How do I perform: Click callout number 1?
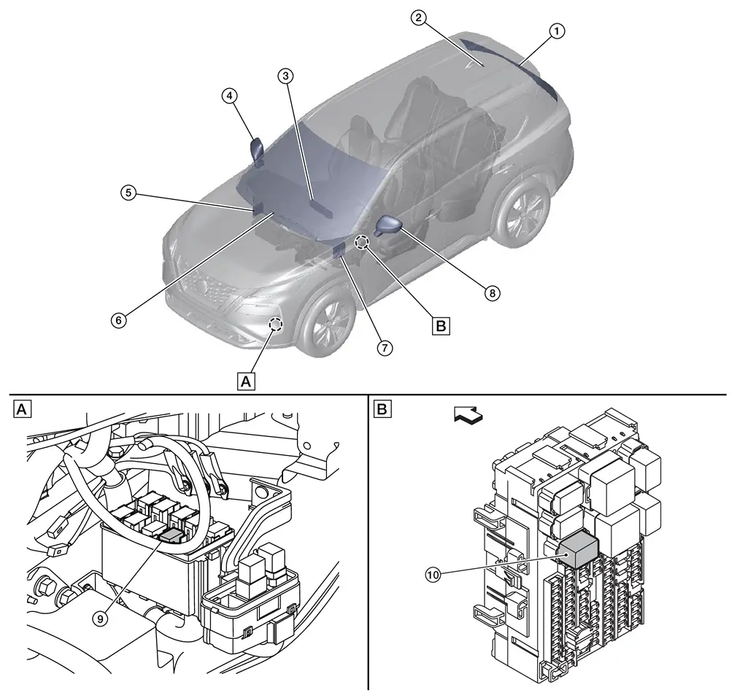[557, 31]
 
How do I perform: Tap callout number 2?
[418, 19]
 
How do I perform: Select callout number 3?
[286, 76]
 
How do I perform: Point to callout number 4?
[230, 96]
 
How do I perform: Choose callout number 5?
[128, 193]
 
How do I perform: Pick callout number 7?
[385, 348]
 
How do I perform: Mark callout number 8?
[493, 292]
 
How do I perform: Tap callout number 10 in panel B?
[433, 575]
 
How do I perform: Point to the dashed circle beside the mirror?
[362, 241]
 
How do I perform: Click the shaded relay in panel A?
[172, 535]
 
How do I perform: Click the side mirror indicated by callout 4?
[258, 150]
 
